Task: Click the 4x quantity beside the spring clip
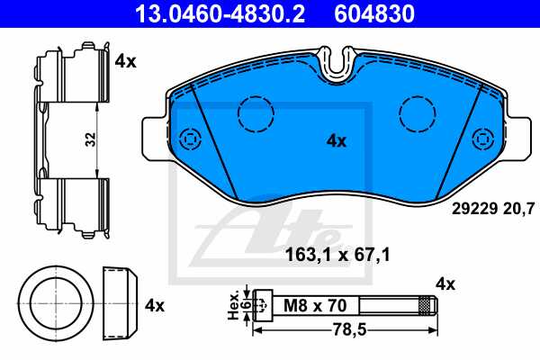coord(125,61)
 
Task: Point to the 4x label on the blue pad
coord(336,140)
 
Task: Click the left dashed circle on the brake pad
coord(256,112)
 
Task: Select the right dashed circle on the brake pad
coord(417,112)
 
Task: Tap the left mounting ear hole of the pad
coord(189,139)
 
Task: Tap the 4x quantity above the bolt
coord(445,284)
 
